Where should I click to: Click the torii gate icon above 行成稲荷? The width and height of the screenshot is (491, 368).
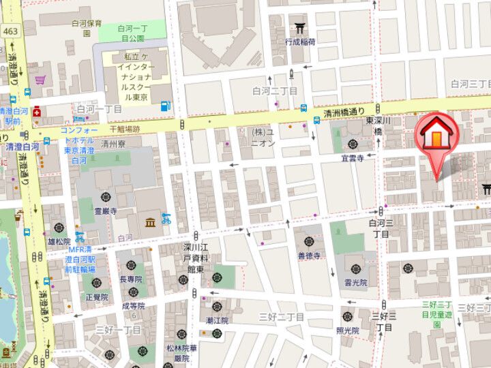click(300, 27)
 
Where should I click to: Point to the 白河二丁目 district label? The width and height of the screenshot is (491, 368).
click(275, 91)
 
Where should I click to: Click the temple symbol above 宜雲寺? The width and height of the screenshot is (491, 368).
click(353, 144)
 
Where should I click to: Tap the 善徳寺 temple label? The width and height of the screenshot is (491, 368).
click(309, 256)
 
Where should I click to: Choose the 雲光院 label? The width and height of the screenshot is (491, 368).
click(356, 282)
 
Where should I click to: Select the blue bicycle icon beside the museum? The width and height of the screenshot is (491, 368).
click(165, 219)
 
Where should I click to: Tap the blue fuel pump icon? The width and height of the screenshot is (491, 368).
click(164, 106)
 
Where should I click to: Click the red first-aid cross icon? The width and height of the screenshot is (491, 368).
click(35, 112)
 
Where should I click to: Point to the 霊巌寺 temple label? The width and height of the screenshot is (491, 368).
click(105, 211)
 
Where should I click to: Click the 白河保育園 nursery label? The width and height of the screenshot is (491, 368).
click(87, 27)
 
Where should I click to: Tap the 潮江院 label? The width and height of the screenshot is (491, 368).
click(217, 320)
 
